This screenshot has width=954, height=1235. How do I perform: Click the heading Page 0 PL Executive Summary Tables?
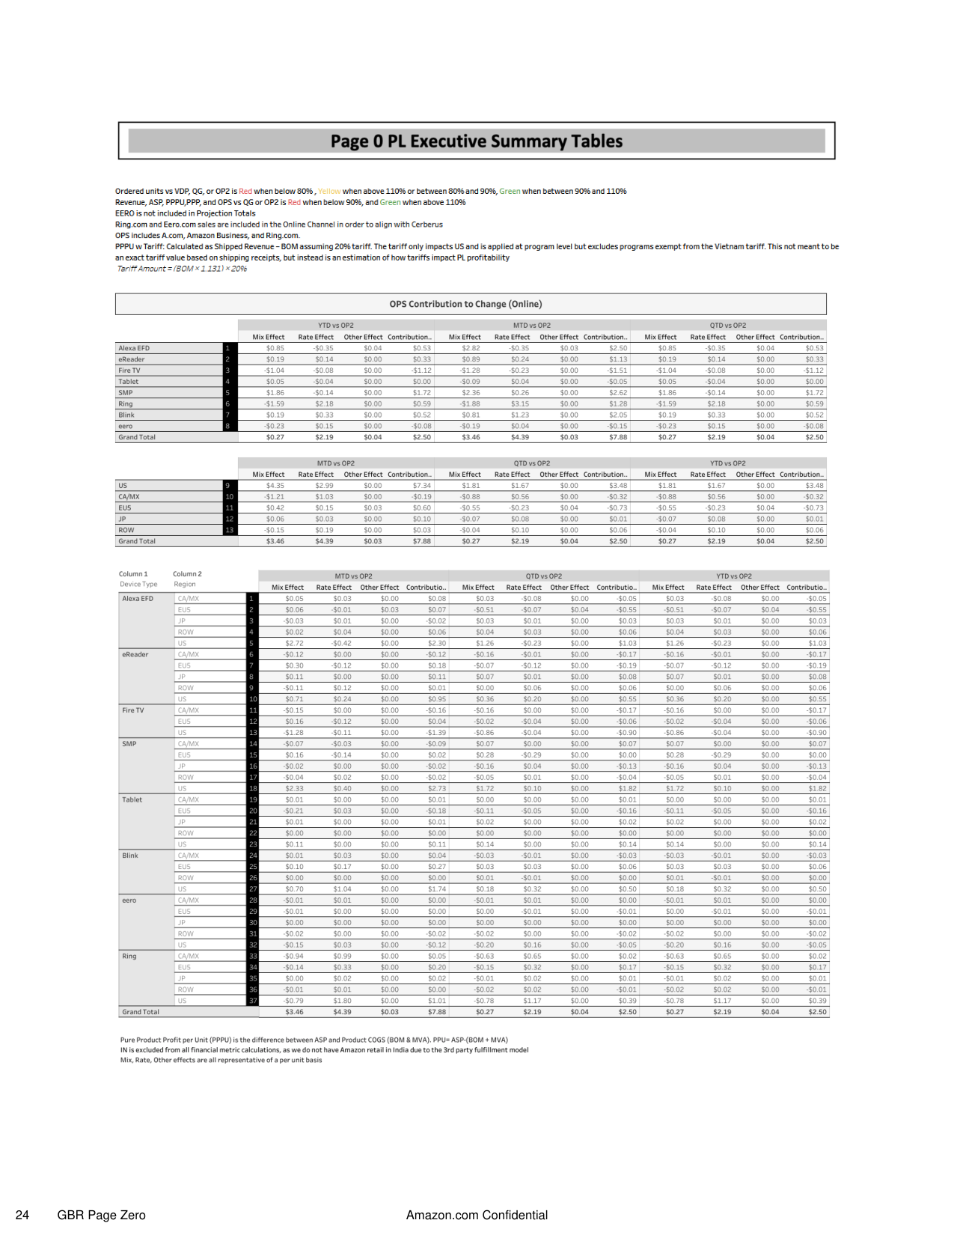(476, 141)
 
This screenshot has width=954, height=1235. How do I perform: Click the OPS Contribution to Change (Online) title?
(465, 304)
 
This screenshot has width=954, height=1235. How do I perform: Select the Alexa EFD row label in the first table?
(134, 348)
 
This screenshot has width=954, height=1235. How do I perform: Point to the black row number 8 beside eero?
(227, 426)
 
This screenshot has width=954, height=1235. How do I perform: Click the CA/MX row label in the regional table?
(129, 497)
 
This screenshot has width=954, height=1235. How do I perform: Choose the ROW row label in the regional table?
(126, 530)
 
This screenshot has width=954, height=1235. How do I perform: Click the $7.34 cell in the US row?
(422, 486)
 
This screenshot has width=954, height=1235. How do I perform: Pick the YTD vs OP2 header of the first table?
(336, 326)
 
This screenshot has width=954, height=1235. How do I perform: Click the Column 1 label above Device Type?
(133, 574)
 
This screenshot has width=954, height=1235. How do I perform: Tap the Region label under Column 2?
(185, 585)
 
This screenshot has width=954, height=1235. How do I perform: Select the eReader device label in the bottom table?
(135, 655)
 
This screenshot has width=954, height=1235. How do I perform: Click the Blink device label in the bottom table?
(130, 856)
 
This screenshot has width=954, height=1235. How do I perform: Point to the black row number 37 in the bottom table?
(253, 1001)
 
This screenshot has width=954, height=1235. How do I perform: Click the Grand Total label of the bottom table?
(141, 1012)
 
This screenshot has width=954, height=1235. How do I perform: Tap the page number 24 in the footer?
(22, 1215)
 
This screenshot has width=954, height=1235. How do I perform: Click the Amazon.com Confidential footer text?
(477, 1215)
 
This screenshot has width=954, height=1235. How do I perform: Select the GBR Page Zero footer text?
(101, 1215)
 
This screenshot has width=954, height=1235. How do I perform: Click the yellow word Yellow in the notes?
(329, 192)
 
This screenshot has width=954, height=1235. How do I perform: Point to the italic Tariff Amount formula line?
(182, 269)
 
